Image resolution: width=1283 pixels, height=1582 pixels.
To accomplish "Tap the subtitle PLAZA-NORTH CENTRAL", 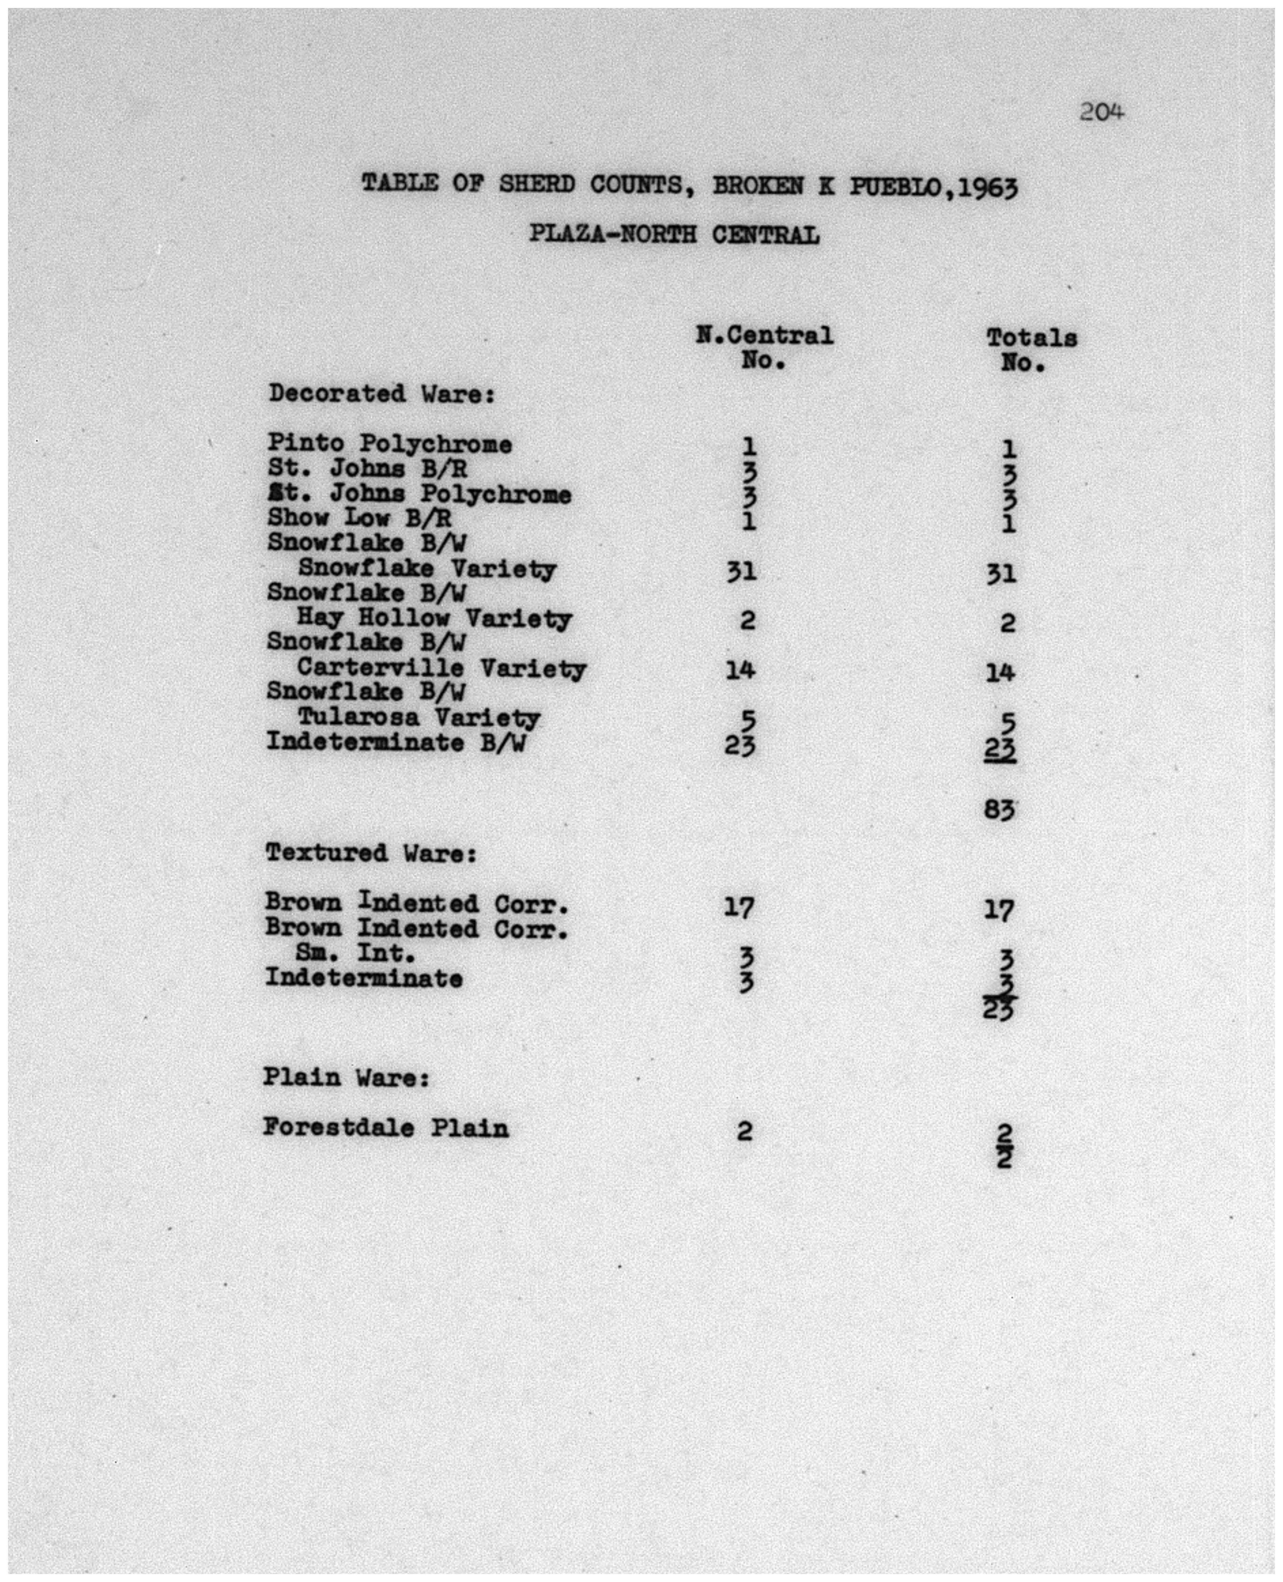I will click(674, 235).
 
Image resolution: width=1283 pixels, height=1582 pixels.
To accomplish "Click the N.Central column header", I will click(764, 336).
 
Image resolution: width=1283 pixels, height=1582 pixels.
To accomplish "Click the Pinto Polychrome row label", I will click(390, 444).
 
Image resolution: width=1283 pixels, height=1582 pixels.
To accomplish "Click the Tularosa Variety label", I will click(418, 717).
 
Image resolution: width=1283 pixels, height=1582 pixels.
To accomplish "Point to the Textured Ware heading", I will click(371, 853).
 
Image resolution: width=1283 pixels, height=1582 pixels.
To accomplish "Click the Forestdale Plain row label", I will click(386, 1128).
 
